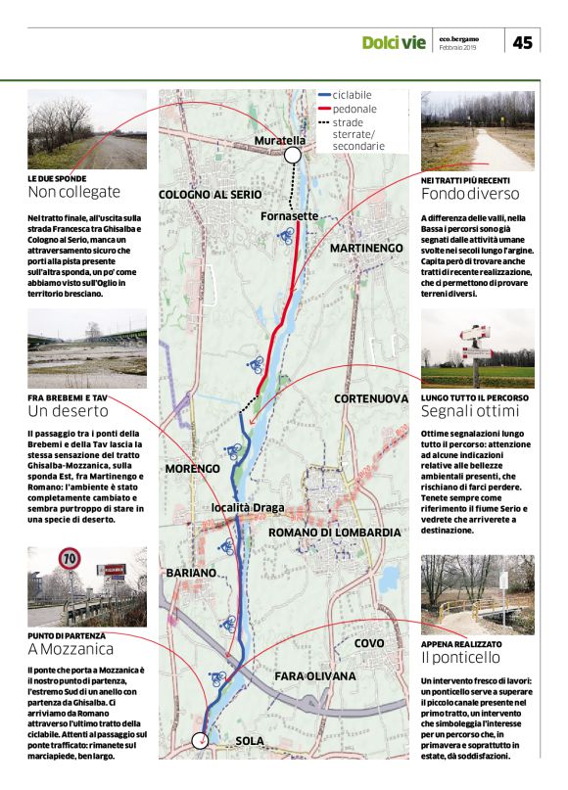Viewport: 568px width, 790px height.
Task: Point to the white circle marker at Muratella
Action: click(292, 156)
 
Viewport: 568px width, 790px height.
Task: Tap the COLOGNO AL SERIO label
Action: click(210, 195)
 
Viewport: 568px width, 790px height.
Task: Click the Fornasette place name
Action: click(289, 215)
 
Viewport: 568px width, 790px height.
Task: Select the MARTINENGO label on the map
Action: click(366, 249)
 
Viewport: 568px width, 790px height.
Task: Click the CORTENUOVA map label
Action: click(370, 398)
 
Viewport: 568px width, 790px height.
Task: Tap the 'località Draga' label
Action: click(248, 508)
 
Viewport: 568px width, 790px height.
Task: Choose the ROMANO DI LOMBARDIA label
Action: click(334, 532)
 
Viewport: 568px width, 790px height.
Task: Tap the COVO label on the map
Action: click(369, 643)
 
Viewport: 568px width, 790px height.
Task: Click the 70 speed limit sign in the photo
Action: click(70, 560)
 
